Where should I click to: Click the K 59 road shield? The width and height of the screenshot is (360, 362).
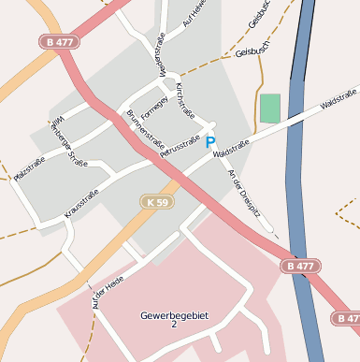[158, 201]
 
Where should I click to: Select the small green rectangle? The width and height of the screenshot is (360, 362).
[270, 108]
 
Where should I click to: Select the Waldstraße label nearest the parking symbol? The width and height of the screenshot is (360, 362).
[230, 148]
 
